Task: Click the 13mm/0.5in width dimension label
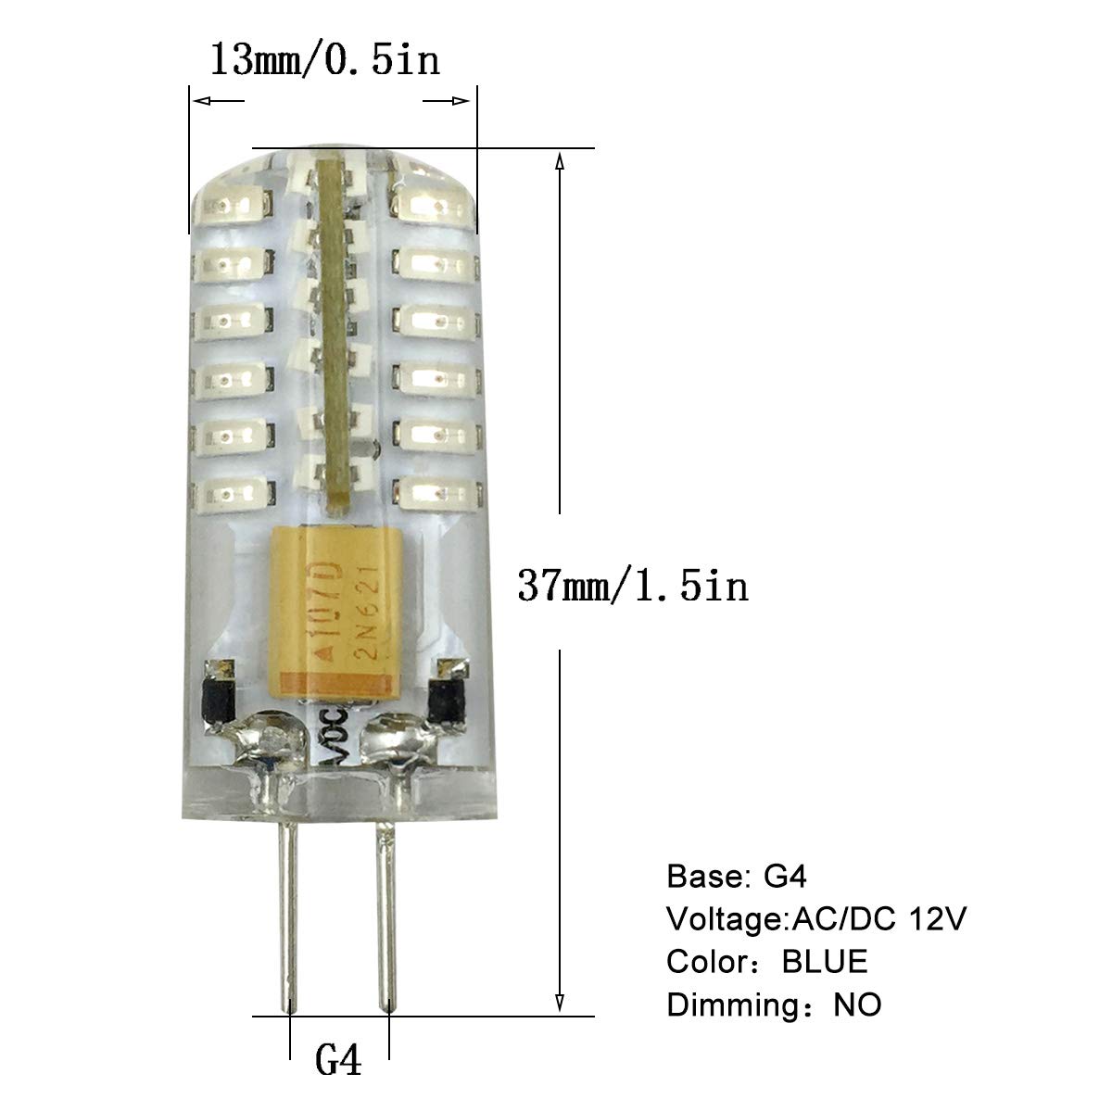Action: click(325, 60)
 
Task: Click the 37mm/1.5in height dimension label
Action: click(633, 586)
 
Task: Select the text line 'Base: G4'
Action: click(737, 876)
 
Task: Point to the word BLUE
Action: click(825, 961)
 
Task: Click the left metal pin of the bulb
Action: click(288, 913)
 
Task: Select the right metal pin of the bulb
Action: click(386, 915)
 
